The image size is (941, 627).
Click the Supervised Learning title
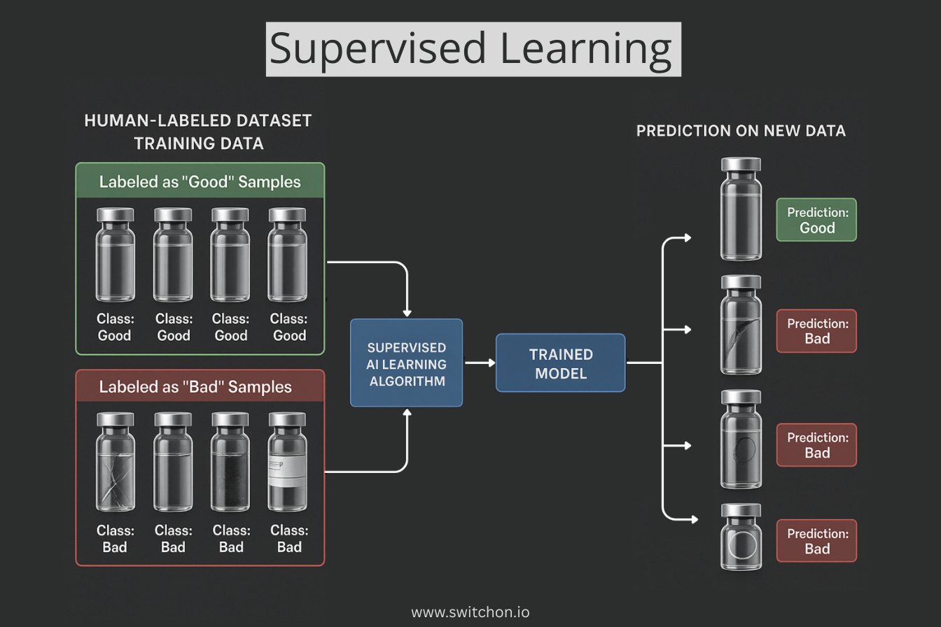[x=473, y=48]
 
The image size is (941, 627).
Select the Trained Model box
[x=560, y=362]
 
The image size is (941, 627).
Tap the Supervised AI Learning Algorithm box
[x=406, y=362]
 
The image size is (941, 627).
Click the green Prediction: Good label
[x=816, y=220]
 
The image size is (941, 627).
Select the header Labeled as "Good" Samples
[x=200, y=182]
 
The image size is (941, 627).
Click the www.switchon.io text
[x=470, y=612]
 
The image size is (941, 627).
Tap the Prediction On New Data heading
[x=741, y=131]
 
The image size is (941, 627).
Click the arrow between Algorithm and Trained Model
[x=478, y=362]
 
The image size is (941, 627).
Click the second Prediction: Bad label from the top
[x=816, y=445]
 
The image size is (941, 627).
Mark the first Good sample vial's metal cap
[x=115, y=215]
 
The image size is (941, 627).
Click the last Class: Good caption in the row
[x=288, y=327]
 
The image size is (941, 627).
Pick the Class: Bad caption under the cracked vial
[x=115, y=539]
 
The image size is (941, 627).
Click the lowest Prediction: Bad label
[x=816, y=541]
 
